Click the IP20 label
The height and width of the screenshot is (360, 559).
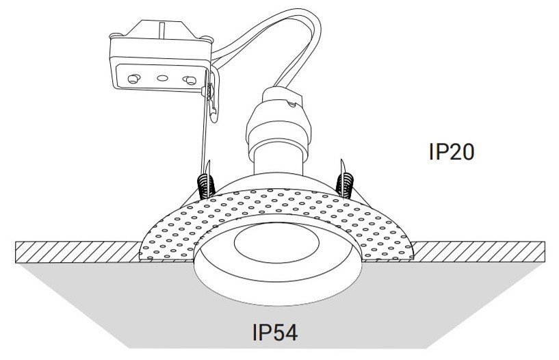click(x=451, y=152)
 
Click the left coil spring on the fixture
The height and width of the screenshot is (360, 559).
click(x=203, y=182)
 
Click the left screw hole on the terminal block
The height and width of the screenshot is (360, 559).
click(x=132, y=77)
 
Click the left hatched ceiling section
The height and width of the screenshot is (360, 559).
click(x=75, y=251)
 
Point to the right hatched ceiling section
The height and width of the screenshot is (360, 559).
click(x=479, y=251)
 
